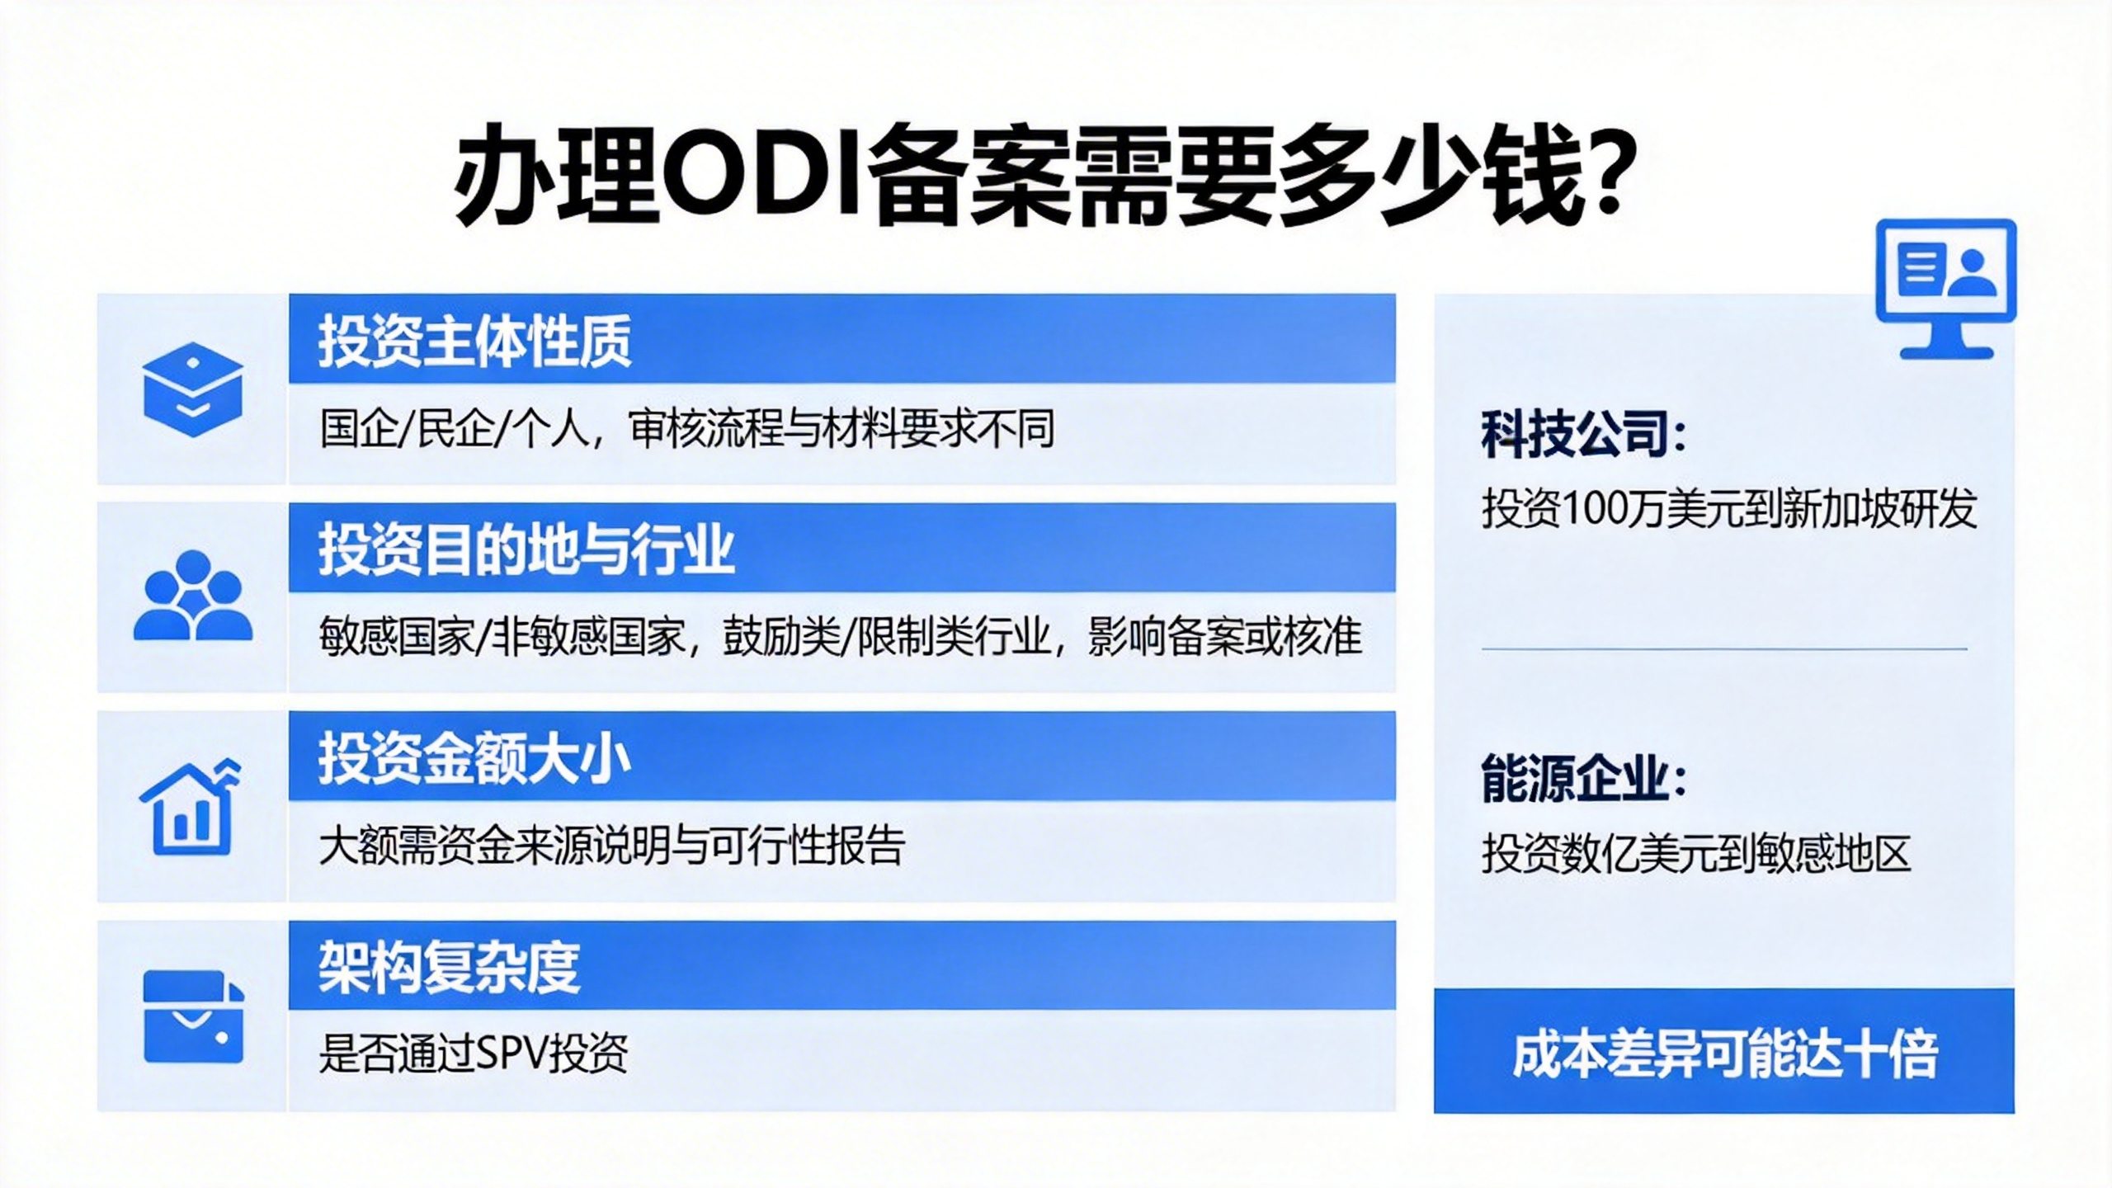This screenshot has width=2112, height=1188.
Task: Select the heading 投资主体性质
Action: pos(475,341)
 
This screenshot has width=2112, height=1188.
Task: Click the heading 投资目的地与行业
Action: pos(526,549)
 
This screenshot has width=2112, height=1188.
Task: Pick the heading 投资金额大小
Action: pos(475,757)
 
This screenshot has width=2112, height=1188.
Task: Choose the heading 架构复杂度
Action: pos(449,966)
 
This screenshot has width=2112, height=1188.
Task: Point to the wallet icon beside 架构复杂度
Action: pos(193,1016)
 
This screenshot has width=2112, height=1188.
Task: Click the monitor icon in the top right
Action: pos(1946,289)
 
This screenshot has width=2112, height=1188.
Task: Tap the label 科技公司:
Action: pos(1583,434)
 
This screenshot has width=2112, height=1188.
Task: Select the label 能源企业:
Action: pos(1583,778)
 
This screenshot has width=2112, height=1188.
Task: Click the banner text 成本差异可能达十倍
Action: pos(1724,1054)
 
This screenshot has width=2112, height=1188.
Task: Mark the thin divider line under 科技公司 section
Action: pos(1724,649)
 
